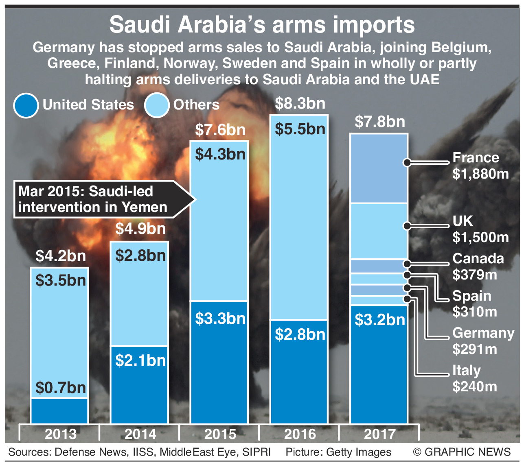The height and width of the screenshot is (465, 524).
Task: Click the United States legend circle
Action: click(x=26, y=105)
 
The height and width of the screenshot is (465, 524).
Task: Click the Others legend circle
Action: click(x=157, y=105)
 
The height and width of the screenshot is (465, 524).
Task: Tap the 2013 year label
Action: click(x=60, y=434)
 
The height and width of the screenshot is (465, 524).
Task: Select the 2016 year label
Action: click(x=300, y=434)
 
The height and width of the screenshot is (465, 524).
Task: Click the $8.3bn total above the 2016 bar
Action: click(x=300, y=104)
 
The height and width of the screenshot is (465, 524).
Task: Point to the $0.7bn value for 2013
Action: click(x=60, y=388)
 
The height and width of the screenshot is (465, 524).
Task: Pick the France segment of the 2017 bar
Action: click(x=379, y=168)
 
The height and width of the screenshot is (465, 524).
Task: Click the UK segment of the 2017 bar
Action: click(x=379, y=231)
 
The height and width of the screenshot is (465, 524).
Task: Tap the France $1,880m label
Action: click(x=480, y=166)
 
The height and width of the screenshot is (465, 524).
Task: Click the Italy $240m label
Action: click(x=474, y=378)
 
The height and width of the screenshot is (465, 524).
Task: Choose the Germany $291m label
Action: click(x=483, y=341)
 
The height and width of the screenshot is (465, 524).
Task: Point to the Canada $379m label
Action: click(x=478, y=266)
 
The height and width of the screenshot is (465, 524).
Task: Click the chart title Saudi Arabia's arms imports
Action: click(x=262, y=25)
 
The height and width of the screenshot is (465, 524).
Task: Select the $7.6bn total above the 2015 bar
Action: click(x=220, y=130)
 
